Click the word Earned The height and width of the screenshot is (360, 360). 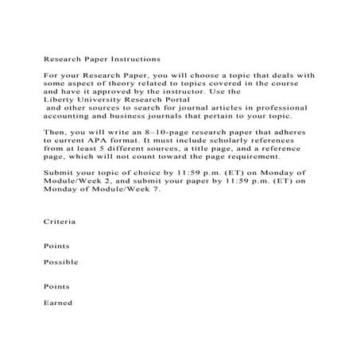[x=57, y=302]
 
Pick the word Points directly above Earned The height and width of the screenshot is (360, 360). [x=56, y=285]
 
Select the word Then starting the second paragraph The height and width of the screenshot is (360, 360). [x=55, y=140]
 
